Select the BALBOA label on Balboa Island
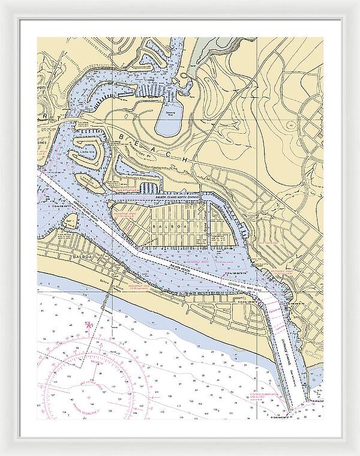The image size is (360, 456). pos(166,226)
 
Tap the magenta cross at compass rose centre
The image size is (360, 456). pos(89,396)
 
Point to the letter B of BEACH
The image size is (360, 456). pos(125,138)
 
